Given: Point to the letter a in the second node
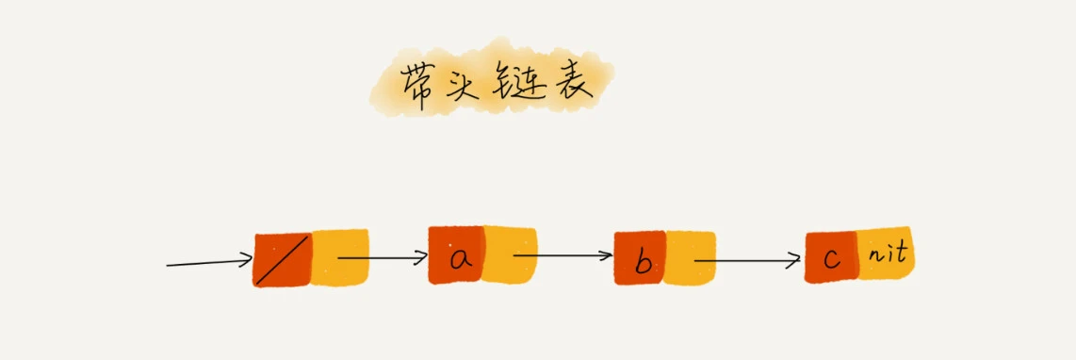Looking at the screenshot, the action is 460,257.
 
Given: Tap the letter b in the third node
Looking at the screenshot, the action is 643,262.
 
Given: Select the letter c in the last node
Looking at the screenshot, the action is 831,258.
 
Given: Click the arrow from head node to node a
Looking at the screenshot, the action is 381,255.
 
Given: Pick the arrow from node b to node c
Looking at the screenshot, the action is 745,258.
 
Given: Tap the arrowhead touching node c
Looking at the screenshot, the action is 794,259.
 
